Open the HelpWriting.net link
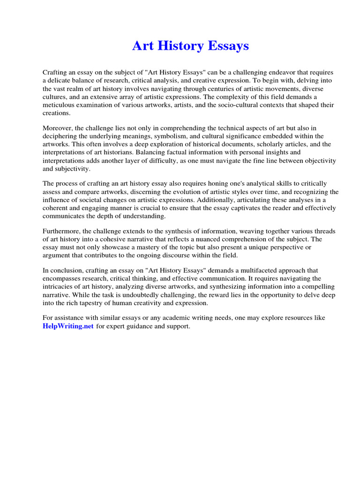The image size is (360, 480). click(68, 326)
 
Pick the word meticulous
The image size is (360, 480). click(59, 105)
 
